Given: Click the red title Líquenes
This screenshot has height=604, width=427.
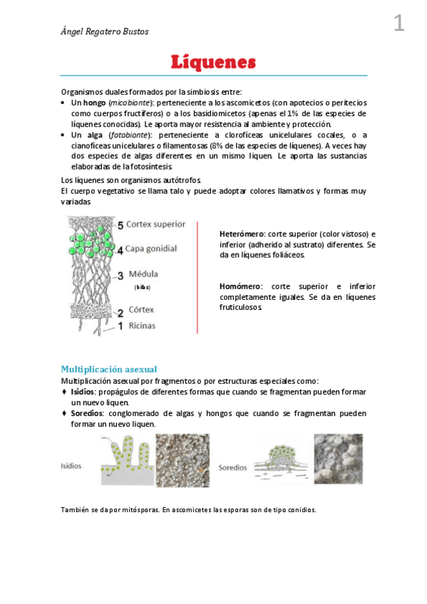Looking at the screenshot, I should [213, 62].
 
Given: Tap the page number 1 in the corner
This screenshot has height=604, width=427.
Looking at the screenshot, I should [398, 24].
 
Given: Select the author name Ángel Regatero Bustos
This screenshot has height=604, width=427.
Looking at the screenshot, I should [105, 31].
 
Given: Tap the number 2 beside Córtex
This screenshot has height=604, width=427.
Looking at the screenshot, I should [120, 312].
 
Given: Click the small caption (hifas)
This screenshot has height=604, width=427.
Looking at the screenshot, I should [143, 287].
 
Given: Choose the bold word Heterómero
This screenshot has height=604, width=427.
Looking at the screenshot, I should [242, 234].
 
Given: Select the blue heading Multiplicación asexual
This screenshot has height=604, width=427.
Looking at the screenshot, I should [108, 369].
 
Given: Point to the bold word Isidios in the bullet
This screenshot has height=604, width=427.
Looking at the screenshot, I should [83, 392].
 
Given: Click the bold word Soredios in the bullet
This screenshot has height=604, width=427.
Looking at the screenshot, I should [87, 413].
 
